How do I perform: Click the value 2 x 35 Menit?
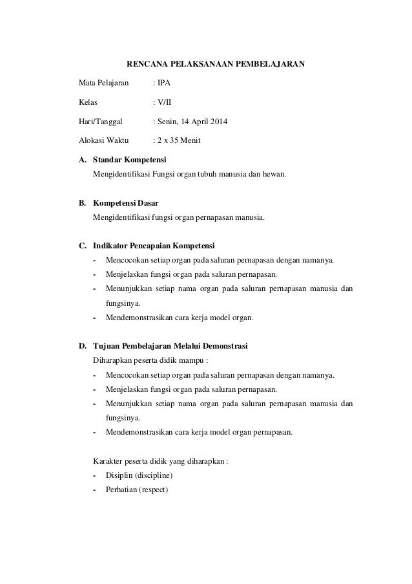tap(179, 140)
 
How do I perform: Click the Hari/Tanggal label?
tap(100, 121)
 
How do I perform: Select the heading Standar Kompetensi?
tap(130, 159)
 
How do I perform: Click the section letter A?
tap(82, 159)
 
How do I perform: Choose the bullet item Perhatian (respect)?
tap(136, 490)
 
